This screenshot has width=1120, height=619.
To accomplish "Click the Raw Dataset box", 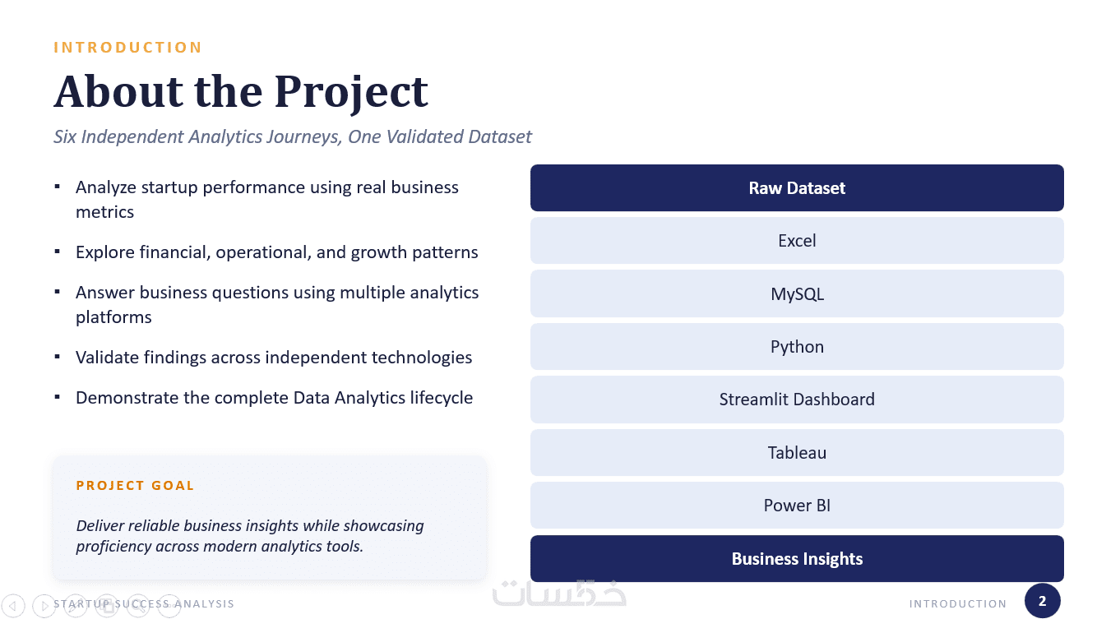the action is tap(797, 188).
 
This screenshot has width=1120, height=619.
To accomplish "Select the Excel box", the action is tap(797, 241).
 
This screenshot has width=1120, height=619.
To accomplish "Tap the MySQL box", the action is tap(797, 293).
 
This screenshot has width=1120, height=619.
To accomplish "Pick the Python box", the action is tap(797, 347).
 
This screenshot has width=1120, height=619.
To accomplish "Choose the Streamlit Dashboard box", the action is tap(797, 400).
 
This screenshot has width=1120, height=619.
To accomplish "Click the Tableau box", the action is tap(797, 452).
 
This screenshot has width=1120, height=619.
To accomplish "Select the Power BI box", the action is tap(797, 506).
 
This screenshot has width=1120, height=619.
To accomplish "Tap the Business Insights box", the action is tap(797, 558).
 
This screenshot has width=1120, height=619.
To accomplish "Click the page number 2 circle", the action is tap(1043, 600).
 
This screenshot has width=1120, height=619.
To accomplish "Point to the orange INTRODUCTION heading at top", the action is tap(127, 48).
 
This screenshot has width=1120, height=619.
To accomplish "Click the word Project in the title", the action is tap(351, 93).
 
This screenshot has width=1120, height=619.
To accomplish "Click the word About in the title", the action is tap(118, 91).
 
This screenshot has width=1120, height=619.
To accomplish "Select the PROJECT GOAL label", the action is tap(135, 486).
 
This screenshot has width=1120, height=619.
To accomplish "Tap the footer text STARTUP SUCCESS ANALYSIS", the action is tap(144, 604).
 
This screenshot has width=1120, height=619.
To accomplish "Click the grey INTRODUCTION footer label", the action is tap(958, 604).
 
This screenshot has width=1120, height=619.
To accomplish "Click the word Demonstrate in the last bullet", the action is tap(127, 398).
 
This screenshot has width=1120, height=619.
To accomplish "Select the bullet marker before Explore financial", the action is tap(58, 252).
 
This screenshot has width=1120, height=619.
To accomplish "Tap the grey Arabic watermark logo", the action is tap(559, 594).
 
